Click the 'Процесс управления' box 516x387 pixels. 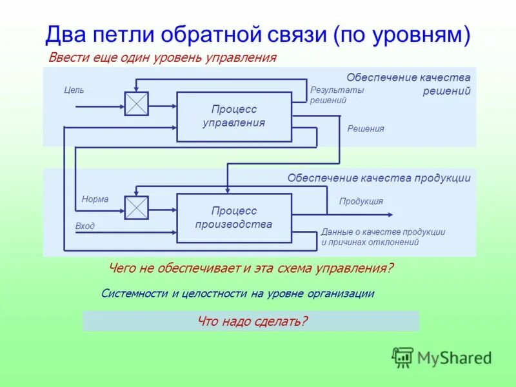tap(233, 117)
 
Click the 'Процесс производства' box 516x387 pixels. tap(233, 218)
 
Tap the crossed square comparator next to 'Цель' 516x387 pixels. tap(136, 104)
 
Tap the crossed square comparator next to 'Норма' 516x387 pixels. tap(136, 208)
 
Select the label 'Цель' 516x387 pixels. tap(74, 90)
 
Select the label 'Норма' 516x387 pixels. tap(95, 199)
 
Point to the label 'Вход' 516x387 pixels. tap(84, 226)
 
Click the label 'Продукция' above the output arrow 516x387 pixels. tap(361, 201)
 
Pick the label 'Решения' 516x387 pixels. tap(366, 129)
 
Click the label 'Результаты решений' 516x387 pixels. tap(337, 95)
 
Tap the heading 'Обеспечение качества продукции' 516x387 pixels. tap(379, 178)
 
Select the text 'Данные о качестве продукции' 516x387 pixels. tap(383, 232)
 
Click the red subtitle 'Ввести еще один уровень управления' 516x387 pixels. tap(163, 58)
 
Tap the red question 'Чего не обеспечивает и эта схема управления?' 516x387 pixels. tap(251, 268)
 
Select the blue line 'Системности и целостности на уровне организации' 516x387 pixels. tap(238, 293)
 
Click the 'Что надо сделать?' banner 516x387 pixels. tap(251, 321)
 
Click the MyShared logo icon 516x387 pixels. tap(402, 357)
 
